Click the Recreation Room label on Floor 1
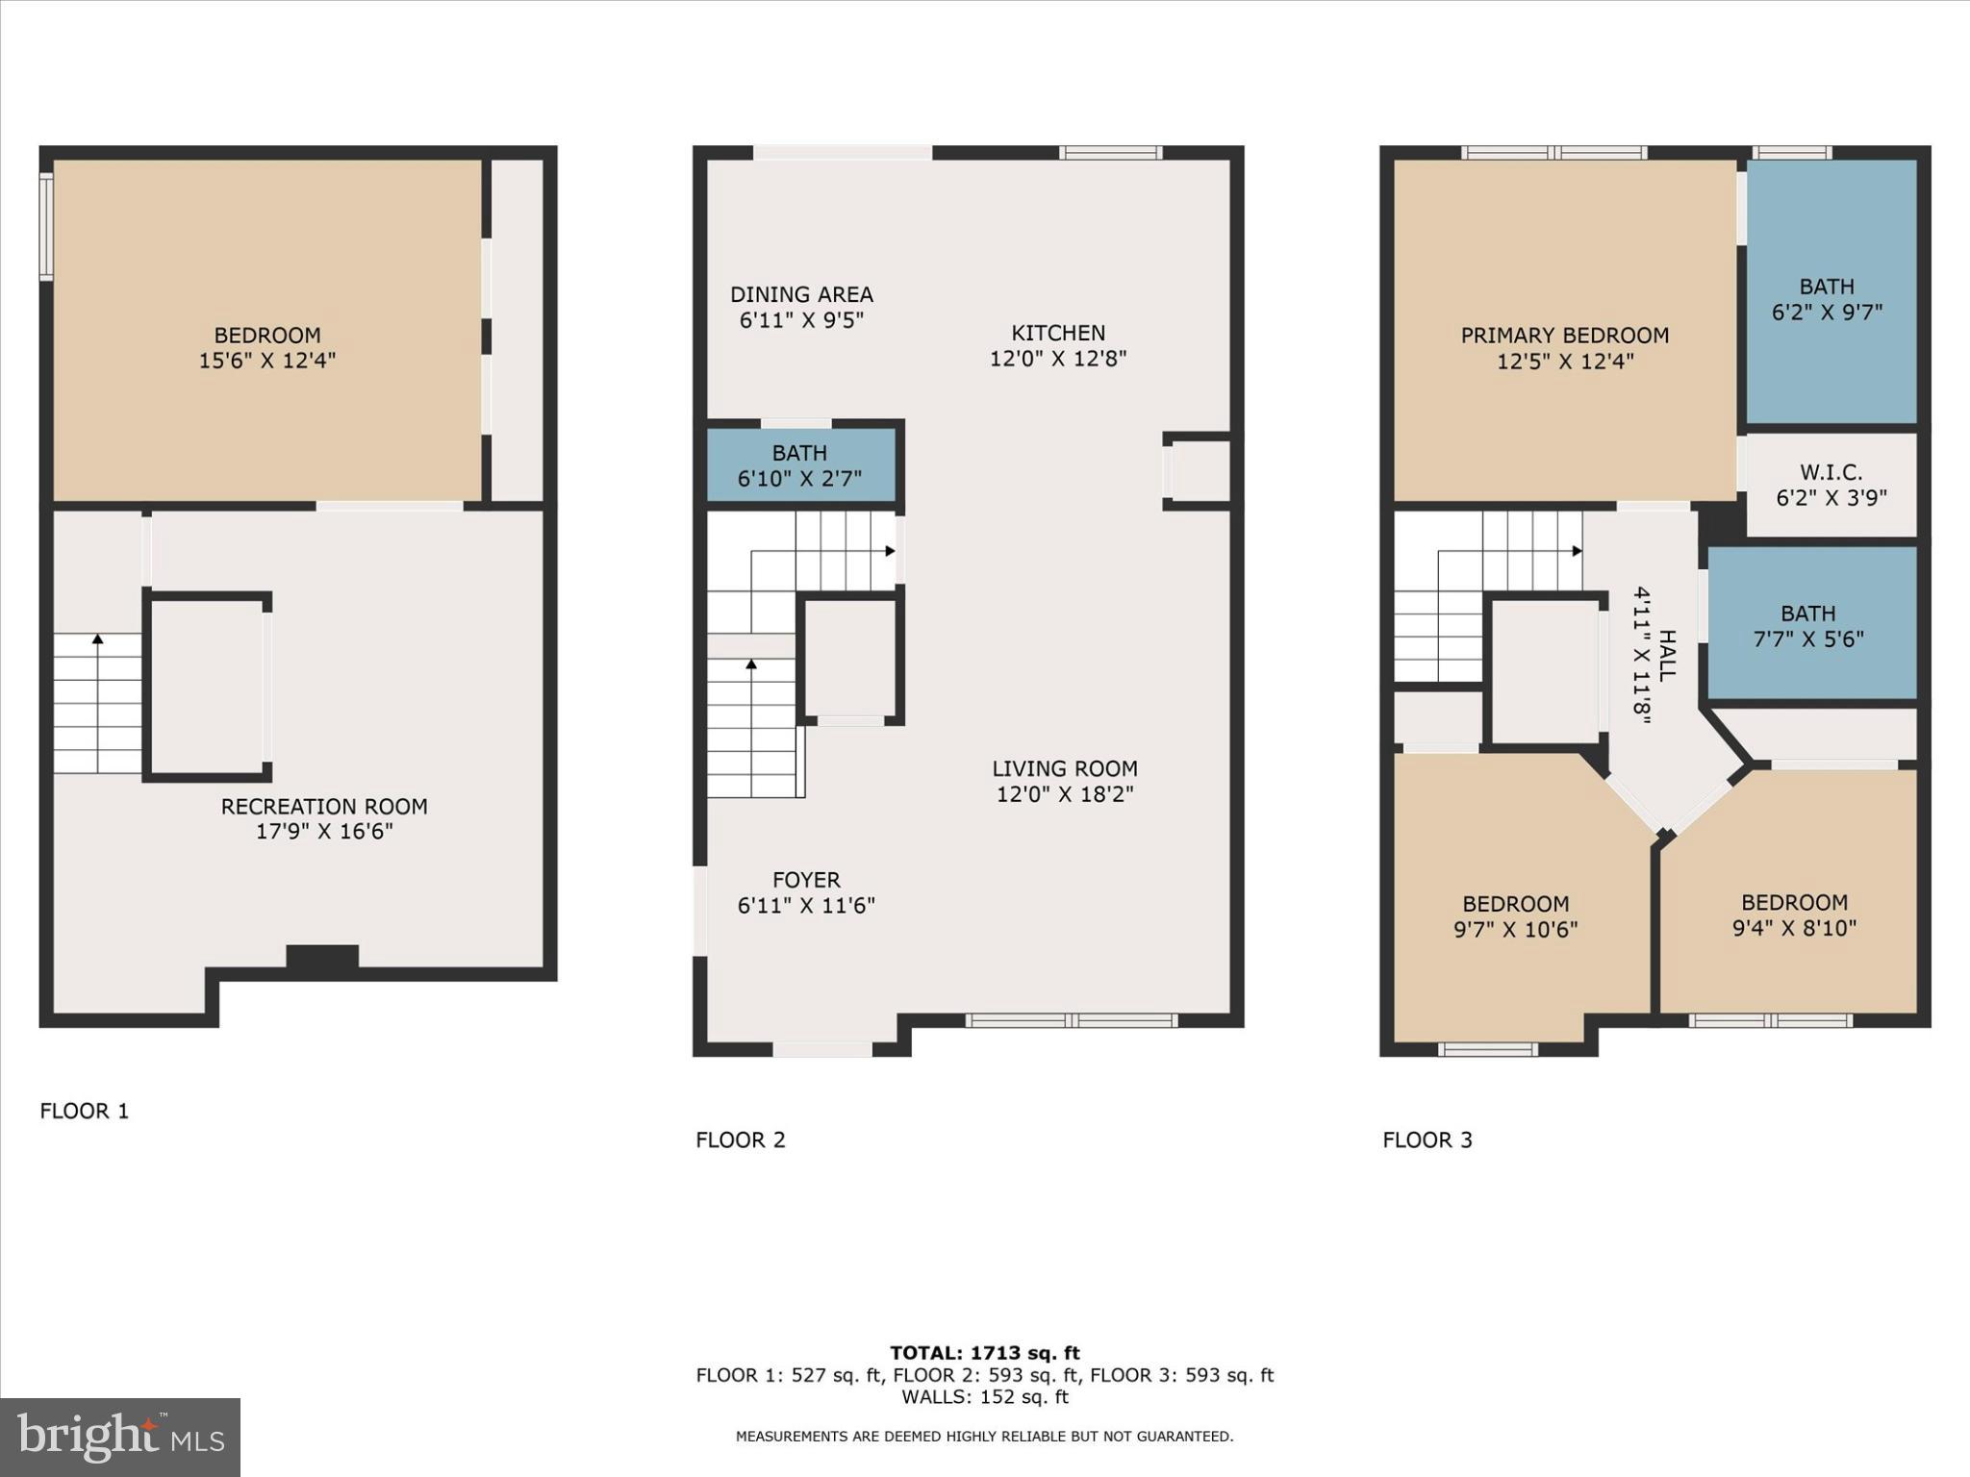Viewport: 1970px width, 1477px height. pyautogui.click(x=324, y=807)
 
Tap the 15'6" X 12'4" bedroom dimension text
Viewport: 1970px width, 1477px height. pyautogui.click(x=267, y=361)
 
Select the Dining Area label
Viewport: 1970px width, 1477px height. pyautogui.click(x=801, y=295)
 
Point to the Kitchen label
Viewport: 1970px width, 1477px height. pyautogui.click(x=1058, y=334)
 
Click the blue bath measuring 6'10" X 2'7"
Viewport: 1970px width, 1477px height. pyautogui.click(x=800, y=465)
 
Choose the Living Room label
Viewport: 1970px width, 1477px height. pyautogui.click(x=1065, y=769)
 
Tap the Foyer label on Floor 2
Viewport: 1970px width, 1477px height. pyautogui.click(x=806, y=880)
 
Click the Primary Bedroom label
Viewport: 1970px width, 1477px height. pyautogui.click(x=1565, y=336)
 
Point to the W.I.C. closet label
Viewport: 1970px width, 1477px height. pyautogui.click(x=1831, y=472)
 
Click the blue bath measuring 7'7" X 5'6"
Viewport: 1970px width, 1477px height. pyautogui.click(x=1809, y=626)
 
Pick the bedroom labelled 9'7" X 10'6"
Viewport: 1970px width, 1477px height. pyautogui.click(x=1516, y=916)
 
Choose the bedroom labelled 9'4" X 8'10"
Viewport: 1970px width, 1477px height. pyautogui.click(x=1794, y=914)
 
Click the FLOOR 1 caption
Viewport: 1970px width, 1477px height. pyautogui.click(x=84, y=1112)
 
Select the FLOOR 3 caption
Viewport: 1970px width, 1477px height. pyautogui.click(x=1427, y=1140)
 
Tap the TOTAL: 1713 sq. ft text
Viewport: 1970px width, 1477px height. pyautogui.click(x=984, y=1353)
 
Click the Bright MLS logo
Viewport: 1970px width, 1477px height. pyautogui.click(x=120, y=1438)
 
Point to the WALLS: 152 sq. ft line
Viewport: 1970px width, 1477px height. pyautogui.click(x=984, y=1397)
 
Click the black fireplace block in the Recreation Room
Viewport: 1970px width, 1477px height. pyautogui.click(x=322, y=957)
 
